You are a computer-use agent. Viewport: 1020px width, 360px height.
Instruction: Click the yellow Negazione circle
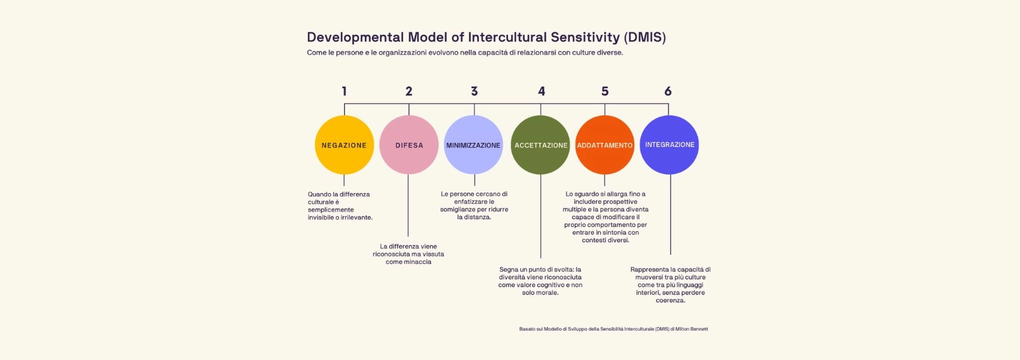(344, 145)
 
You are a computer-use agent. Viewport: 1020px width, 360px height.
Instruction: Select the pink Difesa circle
(409, 145)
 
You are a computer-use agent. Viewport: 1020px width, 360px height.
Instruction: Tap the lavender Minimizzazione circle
(473, 145)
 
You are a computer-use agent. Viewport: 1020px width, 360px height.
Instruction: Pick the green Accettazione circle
(541, 145)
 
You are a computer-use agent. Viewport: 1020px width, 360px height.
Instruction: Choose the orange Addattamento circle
(605, 145)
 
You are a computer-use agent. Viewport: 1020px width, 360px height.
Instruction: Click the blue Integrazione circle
(670, 145)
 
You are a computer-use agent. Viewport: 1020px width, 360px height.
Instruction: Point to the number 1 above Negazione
(344, 91)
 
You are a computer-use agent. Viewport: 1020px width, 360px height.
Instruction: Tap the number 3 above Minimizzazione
(475, 91)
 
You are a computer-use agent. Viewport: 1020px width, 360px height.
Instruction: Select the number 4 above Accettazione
(541, 91)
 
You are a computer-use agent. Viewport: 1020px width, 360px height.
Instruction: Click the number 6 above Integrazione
(668, 91)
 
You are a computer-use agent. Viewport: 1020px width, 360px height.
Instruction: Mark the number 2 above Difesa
(409, 91)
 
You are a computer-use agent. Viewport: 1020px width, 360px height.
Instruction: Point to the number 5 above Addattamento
(605, 91)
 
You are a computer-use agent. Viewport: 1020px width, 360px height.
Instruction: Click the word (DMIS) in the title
(645, 37)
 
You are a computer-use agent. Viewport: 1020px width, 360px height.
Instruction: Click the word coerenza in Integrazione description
(670, 301)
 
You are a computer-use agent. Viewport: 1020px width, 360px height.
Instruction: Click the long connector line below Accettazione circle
(541, 216)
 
